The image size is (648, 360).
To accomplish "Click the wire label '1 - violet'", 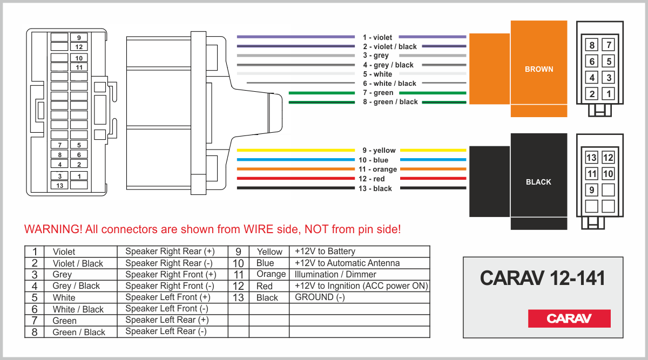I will (x=377, y=37).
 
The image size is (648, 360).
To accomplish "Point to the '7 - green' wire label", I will (x=378, y=93).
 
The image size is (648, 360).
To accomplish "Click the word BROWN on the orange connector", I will (x=539, y=69).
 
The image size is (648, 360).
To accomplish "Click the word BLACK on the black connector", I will (x=538, y=182).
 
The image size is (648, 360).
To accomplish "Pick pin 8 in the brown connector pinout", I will (x=592, y=45).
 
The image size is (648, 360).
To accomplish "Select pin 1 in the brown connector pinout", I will (x=609, y=94).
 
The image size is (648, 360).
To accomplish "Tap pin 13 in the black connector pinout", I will (x=592, y=158).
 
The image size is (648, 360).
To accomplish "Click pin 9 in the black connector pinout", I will (x=592, y=190).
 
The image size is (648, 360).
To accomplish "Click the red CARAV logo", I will (x=569, y=318).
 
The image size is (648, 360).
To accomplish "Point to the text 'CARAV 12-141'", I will (x=542, y=278).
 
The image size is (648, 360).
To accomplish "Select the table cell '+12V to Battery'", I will (x=325, y=252).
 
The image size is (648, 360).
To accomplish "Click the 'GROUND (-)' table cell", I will (x=320, y=297).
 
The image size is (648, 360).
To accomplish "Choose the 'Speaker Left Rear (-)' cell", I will (x=166, y=331).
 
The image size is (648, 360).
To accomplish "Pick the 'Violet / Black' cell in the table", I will (x=78, y=263).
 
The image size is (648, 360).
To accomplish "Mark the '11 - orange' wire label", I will (x=377, y=169).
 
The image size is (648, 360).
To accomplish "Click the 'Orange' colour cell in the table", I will (x=271, y=274).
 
